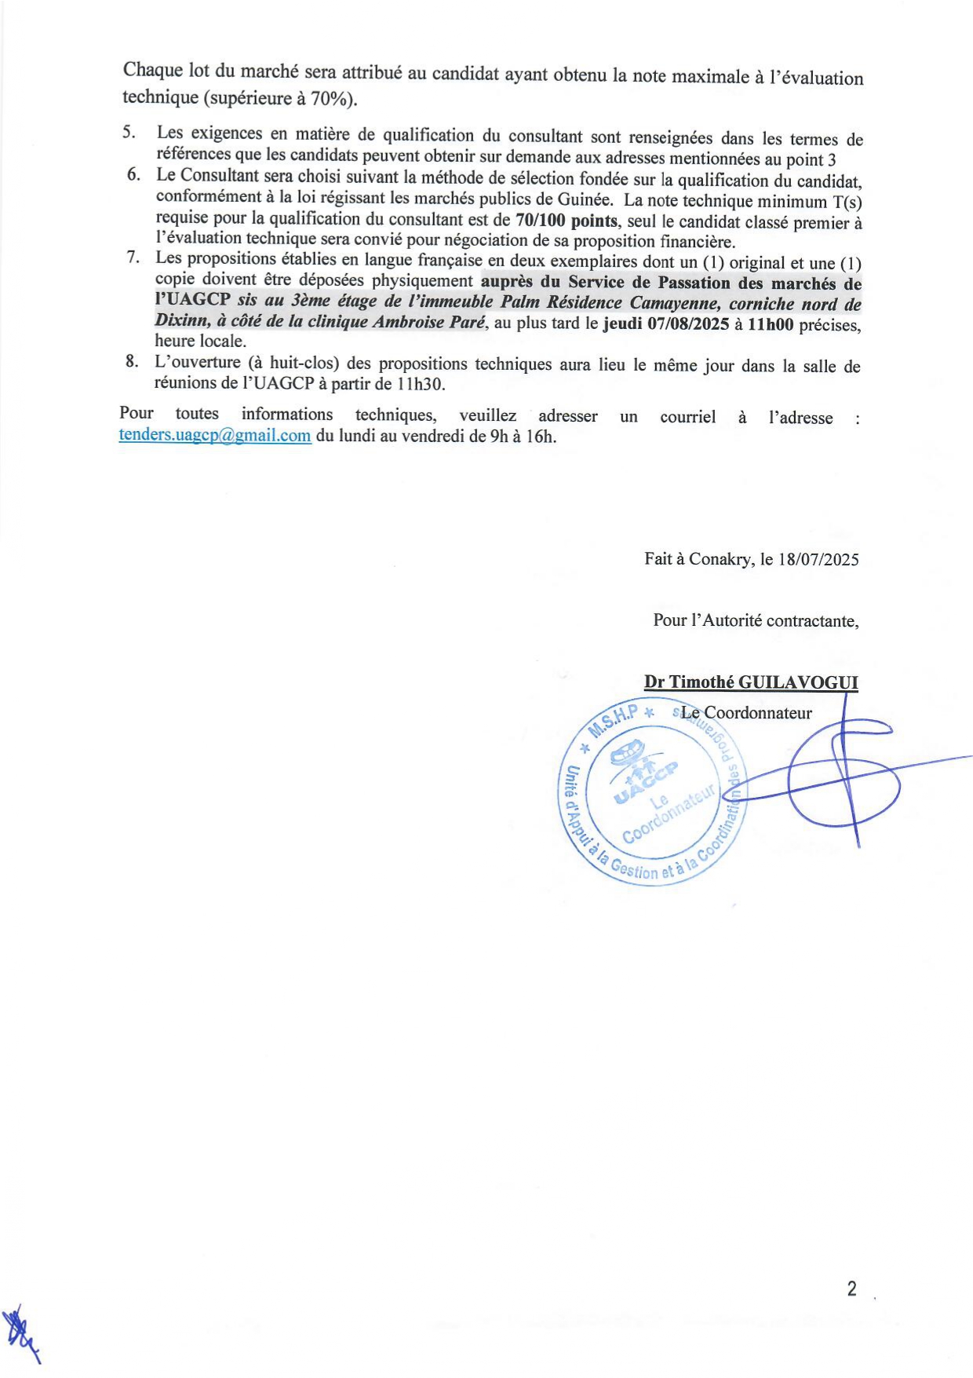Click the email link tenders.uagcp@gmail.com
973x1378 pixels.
tap(215, 435)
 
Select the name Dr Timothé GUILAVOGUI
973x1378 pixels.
tap(751, 682)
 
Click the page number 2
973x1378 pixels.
tap(851, 1288)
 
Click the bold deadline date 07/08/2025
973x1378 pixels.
tap(688, 323)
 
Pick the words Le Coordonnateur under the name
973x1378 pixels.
tap(746, 713)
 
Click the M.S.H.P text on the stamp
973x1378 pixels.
tap(614, 718)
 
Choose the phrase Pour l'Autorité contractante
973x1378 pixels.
tap(756, 620)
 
